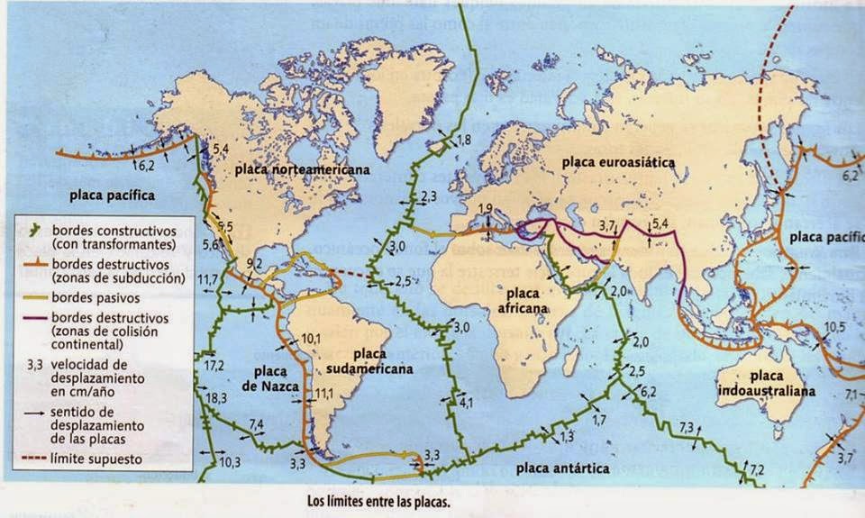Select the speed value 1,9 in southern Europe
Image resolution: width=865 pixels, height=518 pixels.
tap(485, 210)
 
